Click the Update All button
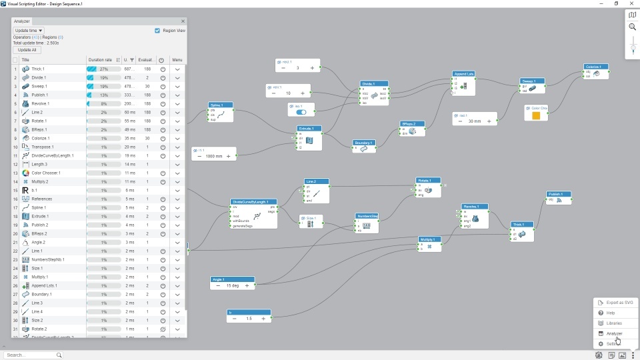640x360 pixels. (27, 50)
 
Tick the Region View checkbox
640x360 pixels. (157, 31)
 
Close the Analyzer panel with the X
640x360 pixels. (183, 21)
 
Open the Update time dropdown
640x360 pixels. (29, 31)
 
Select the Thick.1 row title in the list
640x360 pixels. (38, 69)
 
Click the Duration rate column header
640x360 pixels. (100, 60)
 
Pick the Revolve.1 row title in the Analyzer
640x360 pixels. (41, 103)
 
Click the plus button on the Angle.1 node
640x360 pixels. (247, 285)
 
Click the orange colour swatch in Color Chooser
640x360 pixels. (536, 115)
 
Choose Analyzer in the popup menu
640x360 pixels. (614, 333)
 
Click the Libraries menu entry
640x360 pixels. (614, 323)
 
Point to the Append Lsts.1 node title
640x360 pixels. (463, 73)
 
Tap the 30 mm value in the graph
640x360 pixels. (474, 121)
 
